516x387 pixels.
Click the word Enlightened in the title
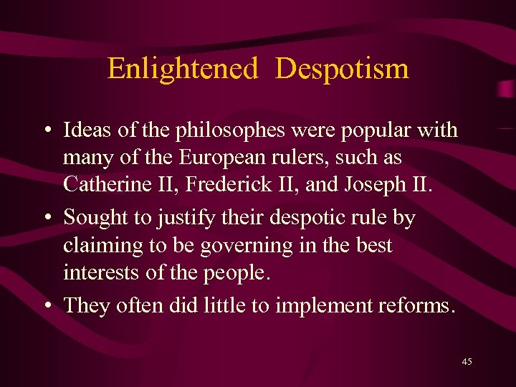tap(182, 69)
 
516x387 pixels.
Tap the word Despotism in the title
tap(342, 69)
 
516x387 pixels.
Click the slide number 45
tap(467, 362)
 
